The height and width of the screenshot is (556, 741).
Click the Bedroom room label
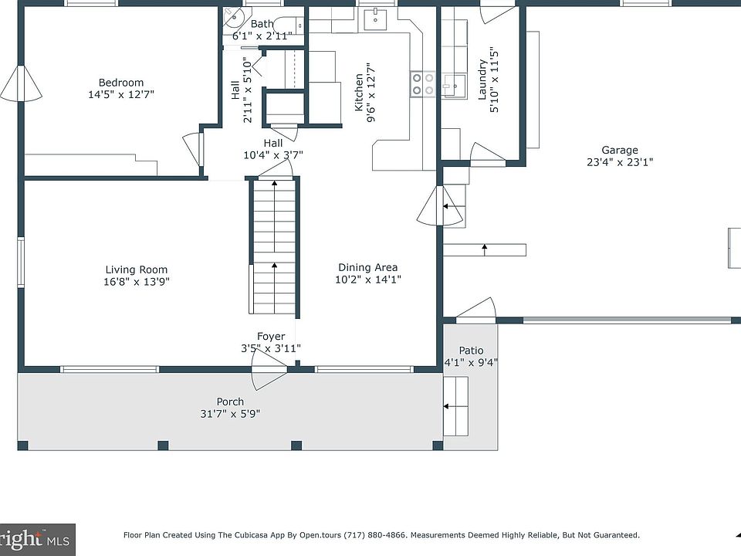(x=121, y=83)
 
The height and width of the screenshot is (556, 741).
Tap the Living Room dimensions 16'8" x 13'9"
(x=137, y=282)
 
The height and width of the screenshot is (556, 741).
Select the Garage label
(x=620, y=151)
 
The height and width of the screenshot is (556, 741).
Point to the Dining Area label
(x=367, y=268)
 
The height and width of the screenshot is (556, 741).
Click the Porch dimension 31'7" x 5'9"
(x=230, y=414)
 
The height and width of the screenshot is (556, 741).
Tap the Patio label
(x=471, y=351)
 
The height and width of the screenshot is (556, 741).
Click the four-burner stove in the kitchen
(x=422, y=84)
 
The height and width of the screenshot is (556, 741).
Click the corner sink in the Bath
(x=232, y=18)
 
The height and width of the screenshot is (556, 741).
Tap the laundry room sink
(x=454, y=86)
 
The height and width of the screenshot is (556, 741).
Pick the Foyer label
(x=271, y=336)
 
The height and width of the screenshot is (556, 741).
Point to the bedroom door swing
(x=193, y=148)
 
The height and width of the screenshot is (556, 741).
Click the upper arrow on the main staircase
(x=275, y=215)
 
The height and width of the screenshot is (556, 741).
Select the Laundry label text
(x=482, y=80)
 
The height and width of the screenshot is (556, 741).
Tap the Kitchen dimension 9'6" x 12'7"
(x=371, y=92)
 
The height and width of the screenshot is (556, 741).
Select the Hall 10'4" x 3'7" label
(x=273, y=149)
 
